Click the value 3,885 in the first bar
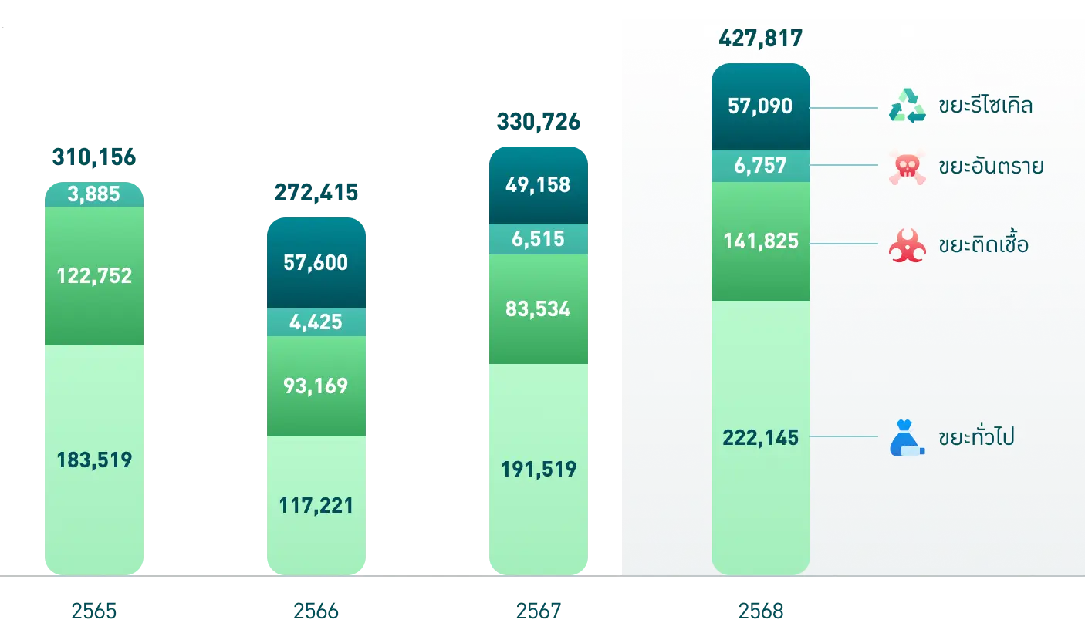pyautogui.click(x=94, y=194)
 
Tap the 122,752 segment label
pyautogui.click(x=94, y=275)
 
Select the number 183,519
pyautogui.click(x=94, y=460)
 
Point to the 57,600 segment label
pyautogui.click(x=316, y=263)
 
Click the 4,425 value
pyautogui.click(x=316, y=321)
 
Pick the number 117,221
pyautogui.click(x=316, y=505)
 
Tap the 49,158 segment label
pyautogui.click(x=538, y=185)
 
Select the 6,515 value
pyautogui.click(x=538, y=239)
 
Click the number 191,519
pyautogui.click(x=538, y=469)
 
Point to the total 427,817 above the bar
pyautogui.click(x=760, y=38)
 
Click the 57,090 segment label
pyautogui.click(x=760, y=106)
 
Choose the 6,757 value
pyautogui.click(x=760, y=165)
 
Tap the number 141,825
pyautogui.click(x=760, y=242)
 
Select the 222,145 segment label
pyautogui.click(x=760, y=437)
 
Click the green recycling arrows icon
pyautogui.click(x=907, y=106)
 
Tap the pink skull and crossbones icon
pyautogui.click(x=907, y=167)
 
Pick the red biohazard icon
pyautogui.click(x=907, y=246)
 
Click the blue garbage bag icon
pyautogui.click(x=907, y=438)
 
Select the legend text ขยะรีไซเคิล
pyautogui.click(x=985, y=105)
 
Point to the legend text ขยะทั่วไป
pyautogui.click(x=976, y=438)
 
